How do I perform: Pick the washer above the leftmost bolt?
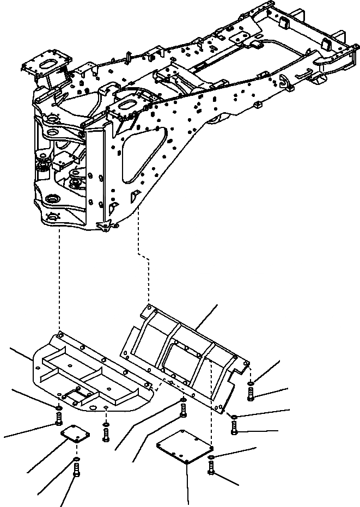(x=58, y=407)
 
